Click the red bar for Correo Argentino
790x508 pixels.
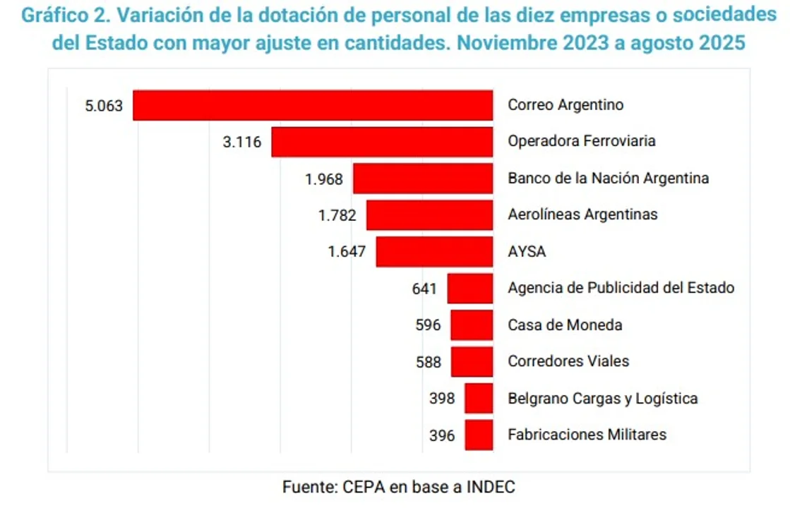313,105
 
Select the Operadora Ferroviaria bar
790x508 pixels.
382,142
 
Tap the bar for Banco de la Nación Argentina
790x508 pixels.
422,179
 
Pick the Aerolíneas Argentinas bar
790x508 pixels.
429,214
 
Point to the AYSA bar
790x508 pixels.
434,252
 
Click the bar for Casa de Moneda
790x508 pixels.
472,325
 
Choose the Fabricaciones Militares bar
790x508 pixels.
479,435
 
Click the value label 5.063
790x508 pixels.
104,106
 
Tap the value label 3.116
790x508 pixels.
241,142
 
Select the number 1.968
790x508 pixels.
324,179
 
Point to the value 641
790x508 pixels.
425,289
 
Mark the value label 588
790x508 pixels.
429,362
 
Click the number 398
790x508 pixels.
442,399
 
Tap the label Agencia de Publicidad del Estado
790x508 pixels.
621,288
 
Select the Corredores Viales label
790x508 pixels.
568,361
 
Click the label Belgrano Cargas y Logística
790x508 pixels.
602,398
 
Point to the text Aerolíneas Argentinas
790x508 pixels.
582,214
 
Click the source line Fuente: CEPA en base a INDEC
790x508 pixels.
399,487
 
